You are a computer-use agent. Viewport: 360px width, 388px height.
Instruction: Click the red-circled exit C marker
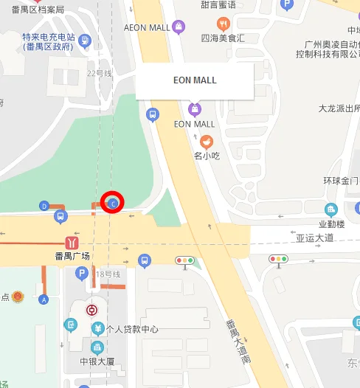[x=113, y=202]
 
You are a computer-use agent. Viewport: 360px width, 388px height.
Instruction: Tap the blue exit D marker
[x=44, y=206]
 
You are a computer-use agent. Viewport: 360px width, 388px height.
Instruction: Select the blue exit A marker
[x=44, y=299]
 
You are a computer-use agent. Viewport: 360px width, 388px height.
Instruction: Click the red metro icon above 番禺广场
[x=72, y=241]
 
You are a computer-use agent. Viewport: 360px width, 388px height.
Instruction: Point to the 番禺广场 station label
[x=72, y=256]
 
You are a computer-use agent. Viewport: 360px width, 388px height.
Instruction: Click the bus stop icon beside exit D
[x=60, y=217]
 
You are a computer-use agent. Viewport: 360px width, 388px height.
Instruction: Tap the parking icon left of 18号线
[x=81, y=274]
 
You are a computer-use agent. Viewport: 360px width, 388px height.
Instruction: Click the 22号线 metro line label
[x=99, y=73]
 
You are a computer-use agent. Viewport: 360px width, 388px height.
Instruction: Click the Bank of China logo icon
[x=91, y=310]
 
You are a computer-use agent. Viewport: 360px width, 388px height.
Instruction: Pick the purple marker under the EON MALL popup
[x=195, y=109]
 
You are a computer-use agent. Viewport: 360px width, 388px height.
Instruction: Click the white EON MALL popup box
[x=195, y=80]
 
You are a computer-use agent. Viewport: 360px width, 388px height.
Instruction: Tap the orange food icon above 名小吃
[x=207, y=142]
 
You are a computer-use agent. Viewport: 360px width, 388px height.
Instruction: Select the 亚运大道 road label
[x=315, y=238]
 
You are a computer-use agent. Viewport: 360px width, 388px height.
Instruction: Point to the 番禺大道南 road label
[x=238, y=341]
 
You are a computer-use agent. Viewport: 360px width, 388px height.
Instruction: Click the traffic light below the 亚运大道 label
[x=278, y=260]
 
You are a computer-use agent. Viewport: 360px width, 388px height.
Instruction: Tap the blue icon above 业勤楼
[x=331, y=209]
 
